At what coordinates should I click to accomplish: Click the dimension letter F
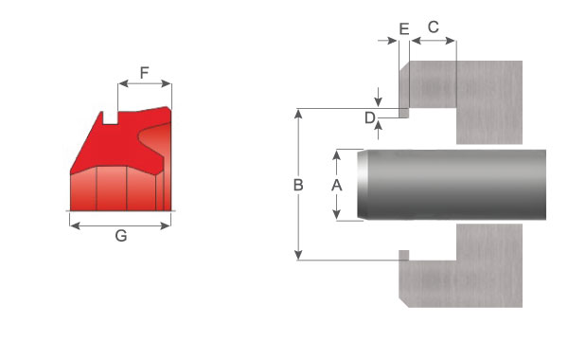pyautogui.click(x=144, y=73)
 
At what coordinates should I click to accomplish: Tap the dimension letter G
pyautogui.click(x=121, y=236)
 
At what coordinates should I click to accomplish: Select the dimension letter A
pyautogui.click(x=336, y=185)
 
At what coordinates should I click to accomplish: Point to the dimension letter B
pyautogui.click(x=298, y=185)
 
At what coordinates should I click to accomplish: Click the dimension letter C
pyautogui.click(x=434, y=27)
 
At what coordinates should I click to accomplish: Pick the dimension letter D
pyautogui.click(x=369, y=117)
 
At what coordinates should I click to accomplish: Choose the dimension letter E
pyautogui.click(x=404, y=28)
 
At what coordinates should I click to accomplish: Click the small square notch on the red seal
pyautogui.click(x=110, y=118)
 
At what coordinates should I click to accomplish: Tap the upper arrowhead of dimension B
pyautogui.click(x=298, y=114)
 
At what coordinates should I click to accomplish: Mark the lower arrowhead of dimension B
pyautogui.click(x=298, y=255)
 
